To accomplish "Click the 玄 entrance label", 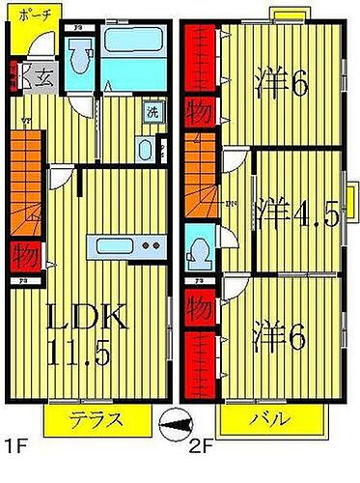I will coord(42,77).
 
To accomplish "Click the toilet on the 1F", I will coord(144,149).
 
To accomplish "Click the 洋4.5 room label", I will coord(297,211).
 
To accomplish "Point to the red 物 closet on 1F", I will coord(25,258).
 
